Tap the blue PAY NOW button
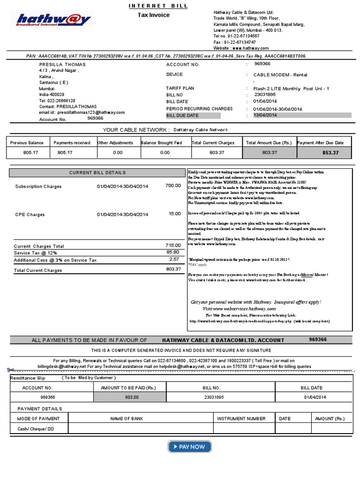click(x=189, y=447)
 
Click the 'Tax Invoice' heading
click(x=153, y=15)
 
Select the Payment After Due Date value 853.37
click(x=330, y=153)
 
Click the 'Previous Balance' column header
click(x=27, y=142)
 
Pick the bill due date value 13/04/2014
click(x=265, y=115)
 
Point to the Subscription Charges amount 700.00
click(x=173, y=186)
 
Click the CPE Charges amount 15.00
click(x=174, y=214)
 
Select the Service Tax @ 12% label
click(x=35, y=253)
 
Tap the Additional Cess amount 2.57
click(x=174, y=259)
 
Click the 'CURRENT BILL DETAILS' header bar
click(x=97, y=173)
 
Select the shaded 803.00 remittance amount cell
click(x=129, y=397)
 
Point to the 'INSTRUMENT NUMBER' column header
click(x=241, y=419)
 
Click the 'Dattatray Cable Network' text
click(x=201, y=130)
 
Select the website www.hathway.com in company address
click(x=250, y=48)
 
